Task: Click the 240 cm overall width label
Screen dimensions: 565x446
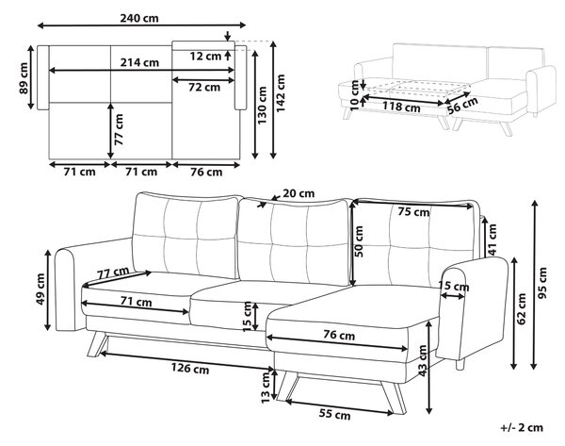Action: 139,18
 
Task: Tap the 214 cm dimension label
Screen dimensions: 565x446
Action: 139,62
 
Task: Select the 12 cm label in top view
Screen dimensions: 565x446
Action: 205,56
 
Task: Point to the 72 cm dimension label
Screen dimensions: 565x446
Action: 204,87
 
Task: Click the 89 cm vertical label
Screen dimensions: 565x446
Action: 24,78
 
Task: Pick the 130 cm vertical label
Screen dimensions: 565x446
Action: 262,106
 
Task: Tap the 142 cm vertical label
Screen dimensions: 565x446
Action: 281,93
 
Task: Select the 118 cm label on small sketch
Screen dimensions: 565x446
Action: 401,107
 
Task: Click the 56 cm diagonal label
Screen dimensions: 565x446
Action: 462,105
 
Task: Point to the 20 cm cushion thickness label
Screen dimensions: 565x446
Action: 299,193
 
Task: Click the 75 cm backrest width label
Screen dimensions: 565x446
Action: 413,212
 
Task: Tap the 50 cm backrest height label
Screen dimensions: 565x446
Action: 359,241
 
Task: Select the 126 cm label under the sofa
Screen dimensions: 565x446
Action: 190,369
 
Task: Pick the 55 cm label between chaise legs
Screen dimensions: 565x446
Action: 334,415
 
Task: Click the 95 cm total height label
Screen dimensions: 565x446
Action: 542,283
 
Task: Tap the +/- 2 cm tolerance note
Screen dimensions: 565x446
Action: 522,427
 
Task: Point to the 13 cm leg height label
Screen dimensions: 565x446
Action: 266,388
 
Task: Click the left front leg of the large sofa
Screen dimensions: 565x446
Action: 97,344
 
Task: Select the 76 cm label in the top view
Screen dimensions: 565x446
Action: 206,173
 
